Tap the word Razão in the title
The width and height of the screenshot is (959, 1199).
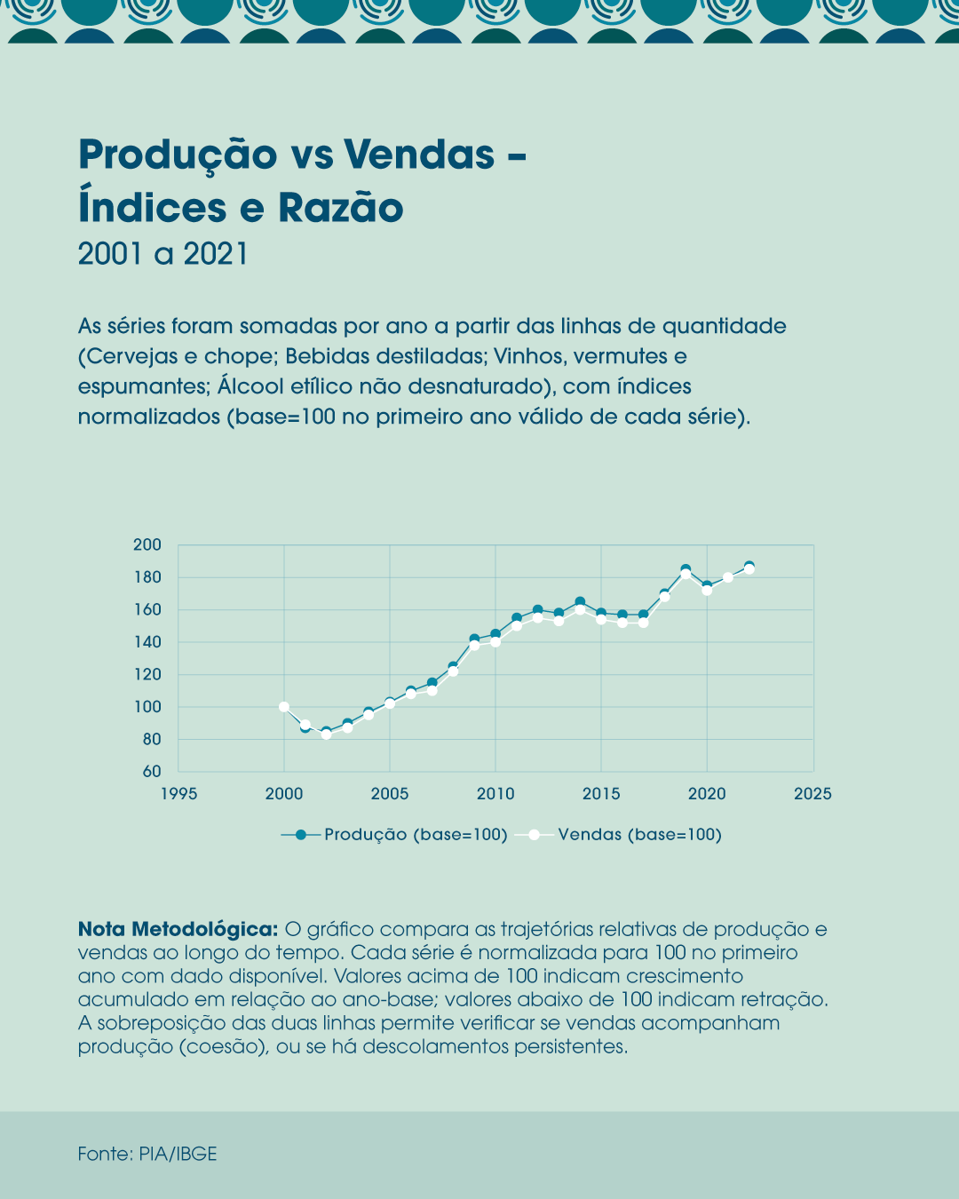(x=341, y=208)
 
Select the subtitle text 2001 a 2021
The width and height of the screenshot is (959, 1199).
(x=162, y=254)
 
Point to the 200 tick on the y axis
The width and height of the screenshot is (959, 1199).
(x=147, y=545)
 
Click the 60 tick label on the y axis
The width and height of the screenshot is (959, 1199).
(x=152, y=772)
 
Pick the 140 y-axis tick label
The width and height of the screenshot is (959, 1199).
(x=147, y=642)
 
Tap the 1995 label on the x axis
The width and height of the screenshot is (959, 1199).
(x=178, y=794)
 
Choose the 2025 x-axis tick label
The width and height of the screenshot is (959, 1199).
(x=812, y=794)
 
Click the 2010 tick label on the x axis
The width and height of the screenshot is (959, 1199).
(x=495, y=794)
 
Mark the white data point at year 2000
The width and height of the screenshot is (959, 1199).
(x=284, y=707)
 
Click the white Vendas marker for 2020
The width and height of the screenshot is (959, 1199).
(x=707, y=591)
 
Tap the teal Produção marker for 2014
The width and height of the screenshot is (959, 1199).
(x=580, y=602)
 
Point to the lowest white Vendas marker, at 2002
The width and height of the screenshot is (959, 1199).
(x=326, y=734)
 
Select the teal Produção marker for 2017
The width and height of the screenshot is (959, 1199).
(x=644, y=615)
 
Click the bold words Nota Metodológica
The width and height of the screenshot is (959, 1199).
(x=178, y=929)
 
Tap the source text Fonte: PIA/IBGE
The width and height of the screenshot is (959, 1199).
(x=147, y=1154)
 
